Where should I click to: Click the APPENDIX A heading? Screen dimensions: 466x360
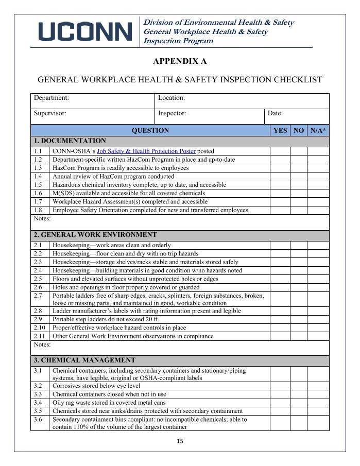point(180,61)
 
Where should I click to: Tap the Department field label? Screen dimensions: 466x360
point(52,98)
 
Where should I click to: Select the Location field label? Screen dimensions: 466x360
point(172,98)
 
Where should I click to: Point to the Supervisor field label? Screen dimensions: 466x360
point(50,113)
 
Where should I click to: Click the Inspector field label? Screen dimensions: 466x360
point(172,113)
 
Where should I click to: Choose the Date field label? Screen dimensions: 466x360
point(275,113)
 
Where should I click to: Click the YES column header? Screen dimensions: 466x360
point(280,131)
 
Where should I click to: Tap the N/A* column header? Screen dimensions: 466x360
point(318,131)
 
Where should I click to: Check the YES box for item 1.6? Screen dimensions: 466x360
point(280,193)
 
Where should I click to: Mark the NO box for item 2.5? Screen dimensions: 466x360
point(298,279)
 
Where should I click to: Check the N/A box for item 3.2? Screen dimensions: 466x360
point(318,386)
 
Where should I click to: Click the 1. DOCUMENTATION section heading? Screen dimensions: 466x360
point(70,141)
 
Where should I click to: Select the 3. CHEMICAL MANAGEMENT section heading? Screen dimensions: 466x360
point(84,360)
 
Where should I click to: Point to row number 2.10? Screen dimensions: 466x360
point(39,327)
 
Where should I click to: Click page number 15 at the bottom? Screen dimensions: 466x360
point(180,441)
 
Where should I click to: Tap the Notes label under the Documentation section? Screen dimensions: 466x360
point(42,219)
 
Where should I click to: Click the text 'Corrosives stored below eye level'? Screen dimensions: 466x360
point(96,386)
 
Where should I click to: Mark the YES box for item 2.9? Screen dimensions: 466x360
point(280,319)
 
